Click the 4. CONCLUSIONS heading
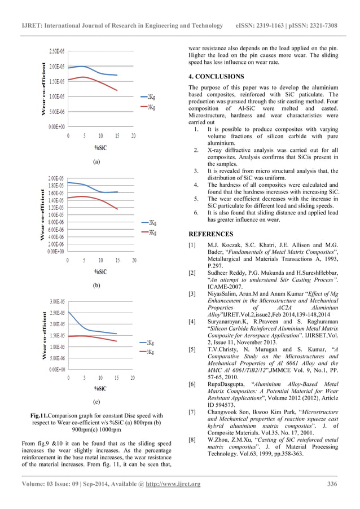tap(216, 76)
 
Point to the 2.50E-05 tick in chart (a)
tap(56, 51)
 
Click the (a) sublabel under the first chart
tap(96, 161)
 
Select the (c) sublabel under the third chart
tap(96, 402)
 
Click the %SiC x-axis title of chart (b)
tap(101, 272)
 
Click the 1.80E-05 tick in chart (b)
tap(56, 185)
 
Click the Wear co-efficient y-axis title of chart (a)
tap(43, 90)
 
